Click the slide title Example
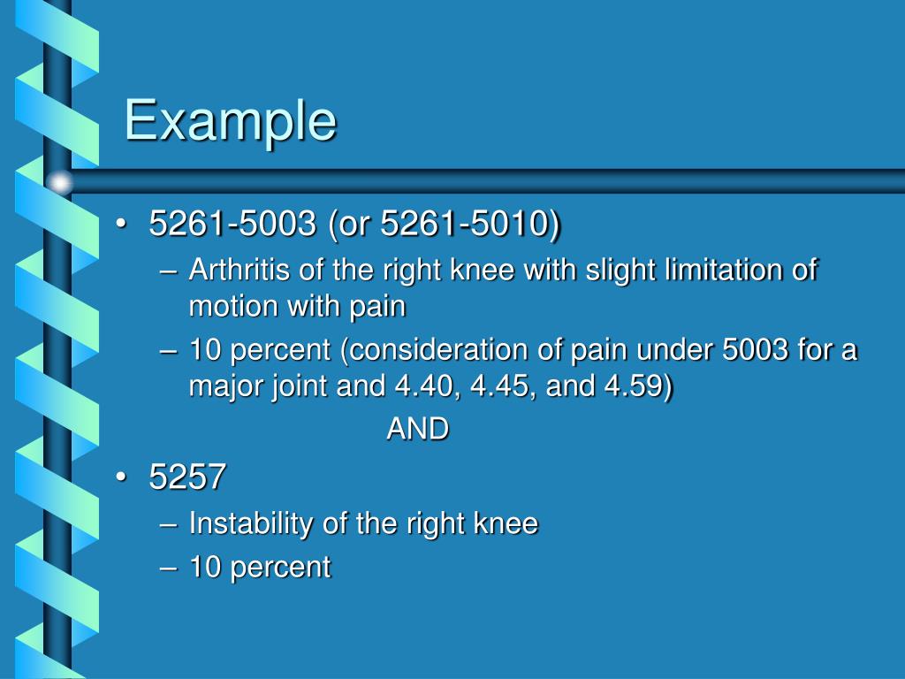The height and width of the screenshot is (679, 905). [x=230, y=120]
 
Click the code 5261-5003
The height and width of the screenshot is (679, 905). [x=232, y=225]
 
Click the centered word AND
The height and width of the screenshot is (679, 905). [x=418, y=430]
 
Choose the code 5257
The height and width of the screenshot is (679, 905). [x=187, y=478]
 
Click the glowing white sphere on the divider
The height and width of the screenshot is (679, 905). [x=59, y=182]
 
